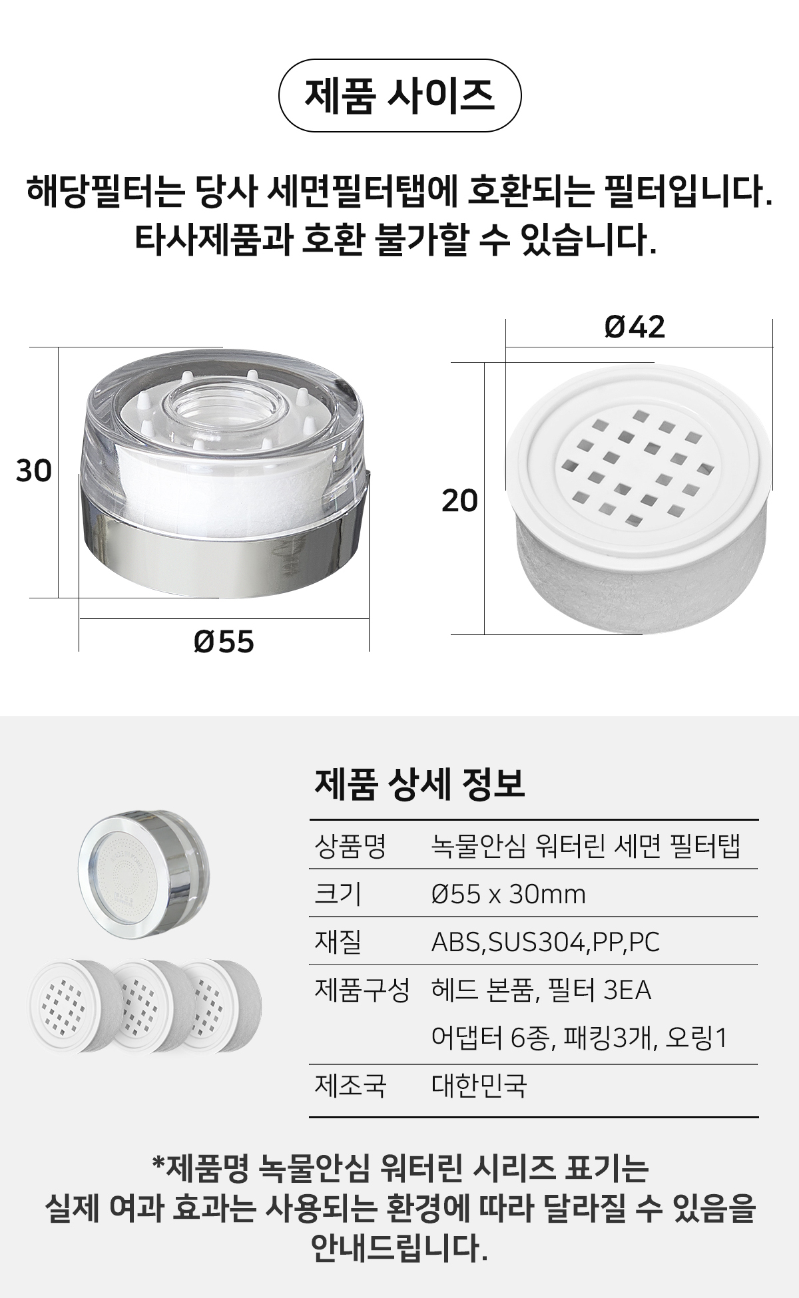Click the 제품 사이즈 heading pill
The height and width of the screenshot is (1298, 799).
click(399, 96)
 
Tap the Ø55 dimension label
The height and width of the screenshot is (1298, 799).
click(224, 642)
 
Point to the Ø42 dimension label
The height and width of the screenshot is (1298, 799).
click(635, 327)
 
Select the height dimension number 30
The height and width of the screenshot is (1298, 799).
click(33, 471)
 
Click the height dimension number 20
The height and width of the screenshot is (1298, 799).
click(460, 501)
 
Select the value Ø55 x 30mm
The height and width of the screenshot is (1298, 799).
click(509, 894)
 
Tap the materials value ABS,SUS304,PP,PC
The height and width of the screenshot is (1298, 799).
click(545, 942)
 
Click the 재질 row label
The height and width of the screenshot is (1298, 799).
click(338, 942)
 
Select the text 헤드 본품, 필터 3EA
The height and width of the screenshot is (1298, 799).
click(541, 990)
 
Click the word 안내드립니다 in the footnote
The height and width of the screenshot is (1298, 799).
click(400, 1248)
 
